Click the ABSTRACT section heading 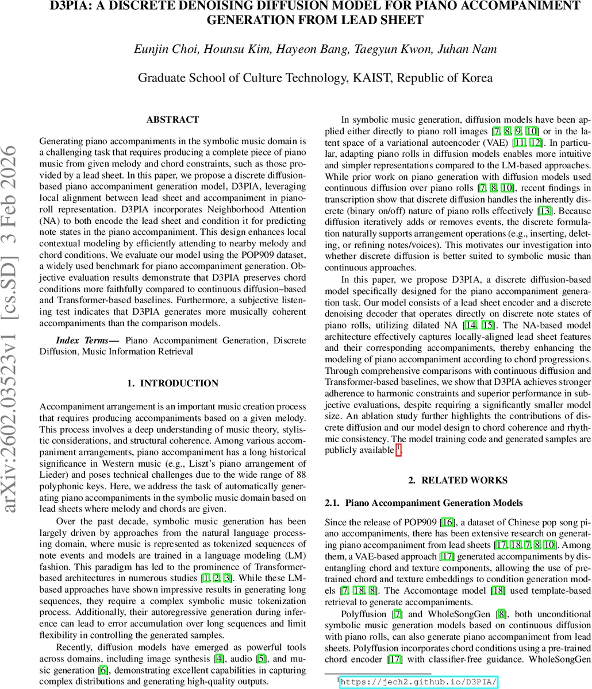pyautogui.click(x=172, y=120)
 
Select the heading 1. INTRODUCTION pyautogui.click(x=172, y=384)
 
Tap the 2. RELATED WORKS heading pyautogui.click(x=458, y=481)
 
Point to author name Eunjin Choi pyautogui.click(x=159, y=49)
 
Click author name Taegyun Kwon pyautogui.click(x=402, y=49)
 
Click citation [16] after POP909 pyautogui.click(x=447, y=522)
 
